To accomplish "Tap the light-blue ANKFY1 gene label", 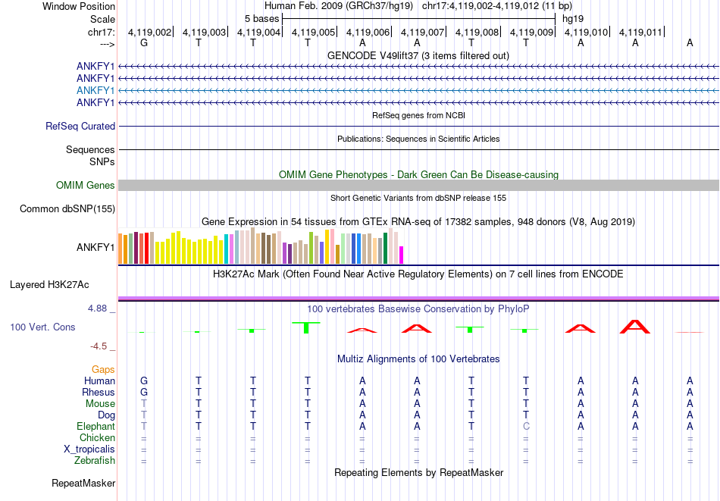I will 95,90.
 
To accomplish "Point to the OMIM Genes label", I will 86,186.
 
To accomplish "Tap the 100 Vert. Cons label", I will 42,327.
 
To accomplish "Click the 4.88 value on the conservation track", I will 99,309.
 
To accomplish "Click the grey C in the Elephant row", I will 526,427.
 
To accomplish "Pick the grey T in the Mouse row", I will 144,404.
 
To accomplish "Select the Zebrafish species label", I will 95,461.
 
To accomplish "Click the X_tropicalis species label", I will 89,449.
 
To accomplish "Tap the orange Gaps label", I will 103,369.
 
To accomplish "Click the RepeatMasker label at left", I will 83,483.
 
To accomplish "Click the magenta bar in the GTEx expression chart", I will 402,255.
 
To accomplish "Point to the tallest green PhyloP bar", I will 306,327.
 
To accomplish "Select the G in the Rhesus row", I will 144,393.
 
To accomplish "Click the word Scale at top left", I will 102,18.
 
